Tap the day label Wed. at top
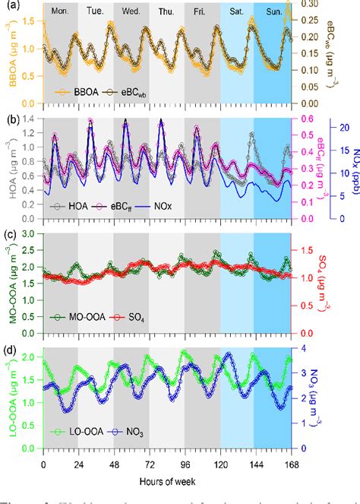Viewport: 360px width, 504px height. point(131,12)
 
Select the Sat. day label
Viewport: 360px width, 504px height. point(236,12)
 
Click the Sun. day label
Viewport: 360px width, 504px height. point(273,12)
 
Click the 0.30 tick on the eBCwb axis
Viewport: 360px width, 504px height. point(308,4)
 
